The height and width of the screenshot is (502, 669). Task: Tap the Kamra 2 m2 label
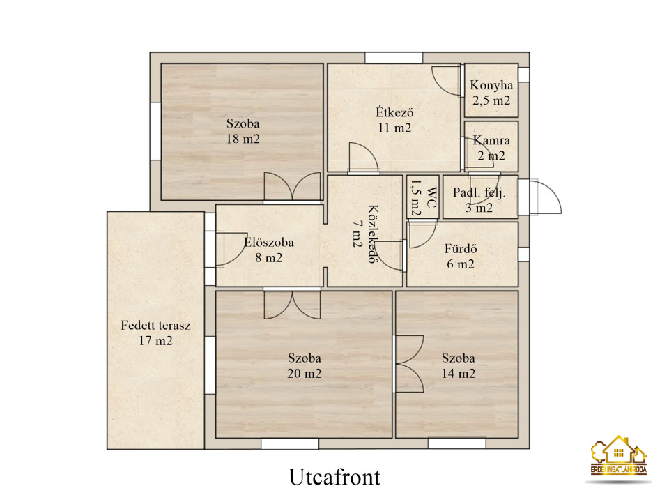click(x=491, y=148)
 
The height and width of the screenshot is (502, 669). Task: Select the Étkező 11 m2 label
click(x=394, y=120)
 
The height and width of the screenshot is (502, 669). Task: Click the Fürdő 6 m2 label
click(x=461, y=256)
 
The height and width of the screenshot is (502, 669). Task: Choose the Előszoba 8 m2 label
click(x=269, y=250)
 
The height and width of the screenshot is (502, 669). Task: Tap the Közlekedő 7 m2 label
click(x=364, y=234)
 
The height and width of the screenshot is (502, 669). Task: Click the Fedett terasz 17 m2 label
click(x=155, y=333)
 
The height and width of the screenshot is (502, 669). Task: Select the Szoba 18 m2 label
click(x=243, y=131)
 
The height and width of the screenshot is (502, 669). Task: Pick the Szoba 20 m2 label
click(x=305, y=365)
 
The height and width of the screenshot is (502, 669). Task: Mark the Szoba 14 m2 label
click(x=459, y=365)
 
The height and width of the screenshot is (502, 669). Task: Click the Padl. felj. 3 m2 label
click(x=479, y=200)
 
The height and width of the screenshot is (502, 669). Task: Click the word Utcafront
click(x=334, y=477)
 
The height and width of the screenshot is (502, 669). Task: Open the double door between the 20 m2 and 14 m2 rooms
click(x=408, y=364)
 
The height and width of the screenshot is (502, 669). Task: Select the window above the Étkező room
click(x=394, y=58)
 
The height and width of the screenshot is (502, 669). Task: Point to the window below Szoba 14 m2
click(x=457, y=443)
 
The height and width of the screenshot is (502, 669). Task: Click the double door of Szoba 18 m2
click(x=292, y=187)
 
